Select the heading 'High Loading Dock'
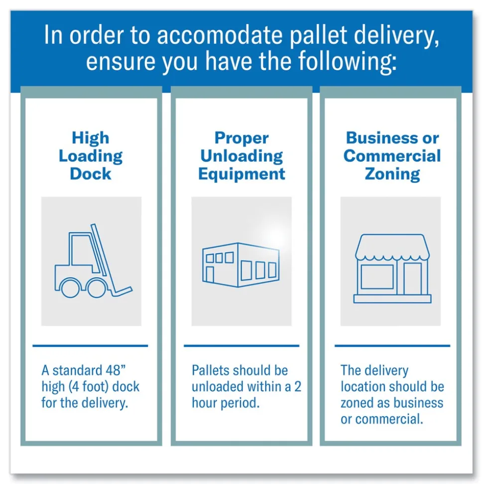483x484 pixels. tap(91, 156)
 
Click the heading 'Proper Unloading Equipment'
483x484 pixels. tap(241, 156)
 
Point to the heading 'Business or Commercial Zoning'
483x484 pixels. tap(392, 156)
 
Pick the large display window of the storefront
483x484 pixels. tap(377, 277)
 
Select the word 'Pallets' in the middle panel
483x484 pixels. tap(210, 370)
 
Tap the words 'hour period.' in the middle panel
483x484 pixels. tap(226, 402)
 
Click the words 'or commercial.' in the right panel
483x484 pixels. tap(382, 419)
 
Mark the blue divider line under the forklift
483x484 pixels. tap(91, 345)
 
